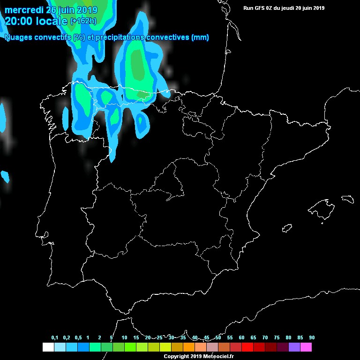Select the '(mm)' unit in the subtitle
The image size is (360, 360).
coord(200,37)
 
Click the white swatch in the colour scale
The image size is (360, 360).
coord(48,347)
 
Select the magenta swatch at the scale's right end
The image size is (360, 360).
coord(306,347)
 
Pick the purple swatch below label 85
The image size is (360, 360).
coord(294,347)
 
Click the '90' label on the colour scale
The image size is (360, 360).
coord(312,338)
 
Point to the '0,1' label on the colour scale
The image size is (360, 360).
coord(54,338)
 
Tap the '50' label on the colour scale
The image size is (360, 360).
coord(218,338)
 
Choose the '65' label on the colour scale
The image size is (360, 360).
coord(253,338)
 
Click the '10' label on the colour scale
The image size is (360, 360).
coord(124,338)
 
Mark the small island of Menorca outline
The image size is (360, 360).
coord(347,199)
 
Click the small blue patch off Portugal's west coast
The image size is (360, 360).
coord(5,176)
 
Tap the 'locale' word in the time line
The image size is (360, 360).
coord(51,21)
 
